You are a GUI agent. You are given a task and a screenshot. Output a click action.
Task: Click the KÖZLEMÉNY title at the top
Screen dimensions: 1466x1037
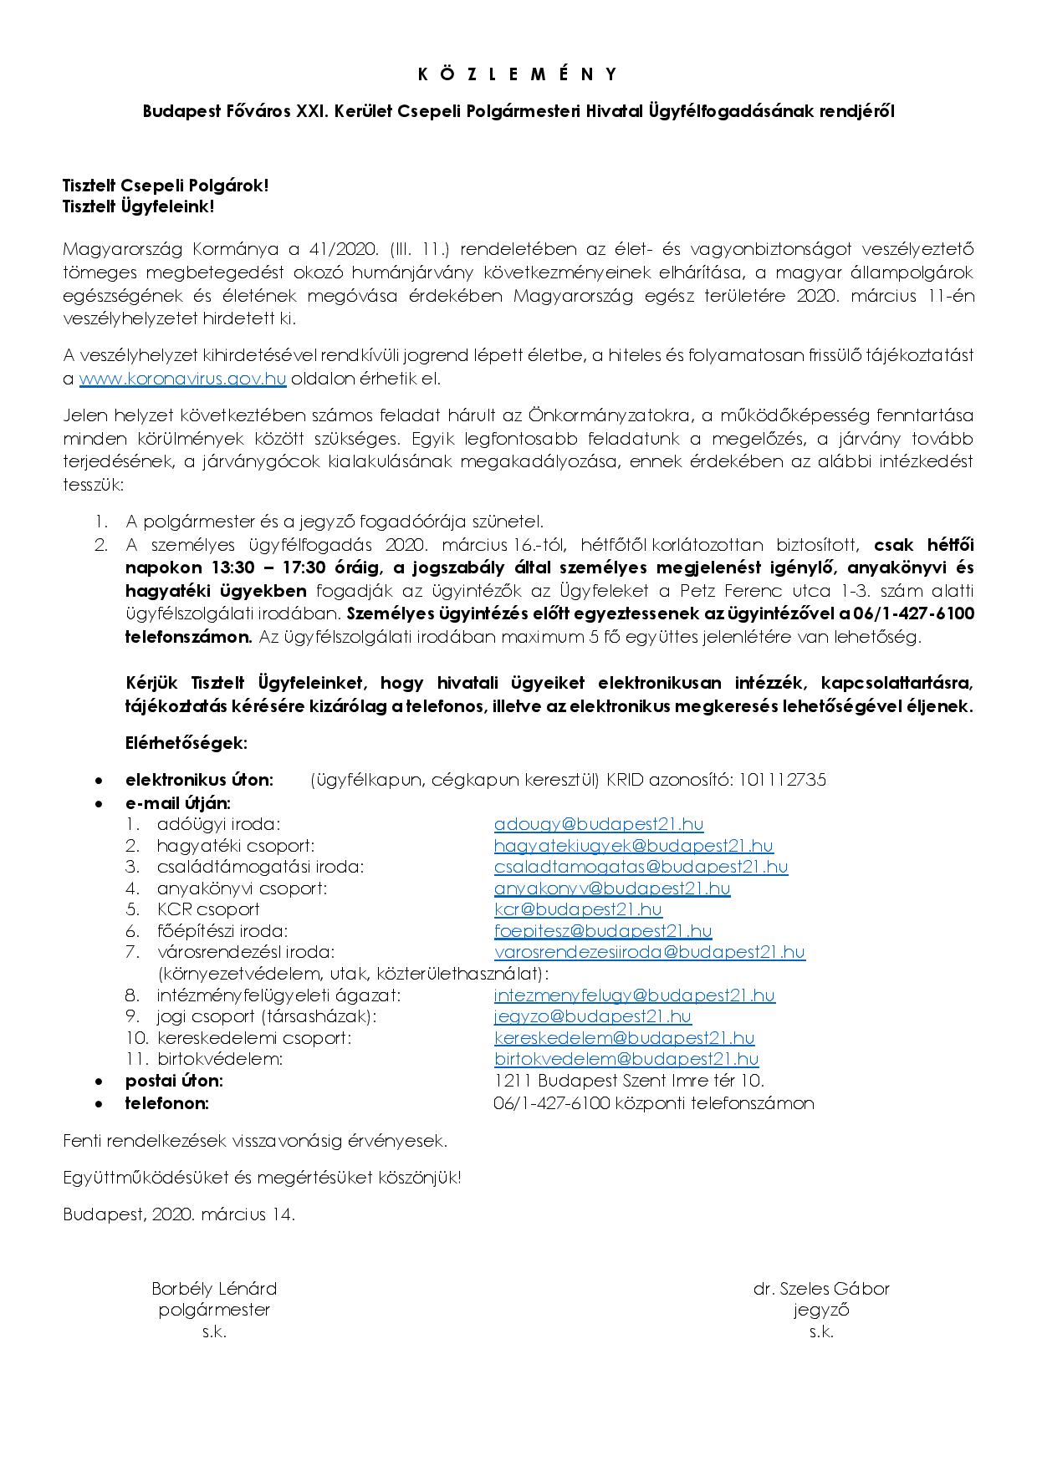click(x=518, y=74)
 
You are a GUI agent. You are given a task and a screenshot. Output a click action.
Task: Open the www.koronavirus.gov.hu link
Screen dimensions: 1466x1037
click(x=182, y=379)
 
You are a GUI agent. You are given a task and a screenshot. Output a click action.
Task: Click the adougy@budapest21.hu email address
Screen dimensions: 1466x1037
click(x=598, y=824)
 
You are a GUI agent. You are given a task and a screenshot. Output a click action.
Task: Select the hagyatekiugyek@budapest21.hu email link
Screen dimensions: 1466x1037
click(x=633, y=846)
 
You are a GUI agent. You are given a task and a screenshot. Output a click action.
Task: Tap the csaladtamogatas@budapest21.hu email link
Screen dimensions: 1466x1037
click(x=641, y=867)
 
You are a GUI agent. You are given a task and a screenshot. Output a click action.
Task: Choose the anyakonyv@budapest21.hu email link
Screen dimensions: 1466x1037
click(x=611, y=888)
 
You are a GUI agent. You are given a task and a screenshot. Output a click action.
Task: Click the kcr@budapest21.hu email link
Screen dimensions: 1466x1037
click(x=577, y=909)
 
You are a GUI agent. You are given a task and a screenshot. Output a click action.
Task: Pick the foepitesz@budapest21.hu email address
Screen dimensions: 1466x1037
click(x=602, y=931)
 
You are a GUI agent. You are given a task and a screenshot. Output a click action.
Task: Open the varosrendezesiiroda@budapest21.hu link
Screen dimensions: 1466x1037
click(x=649, y=952)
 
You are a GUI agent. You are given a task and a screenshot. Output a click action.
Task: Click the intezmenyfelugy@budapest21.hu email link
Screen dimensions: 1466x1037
click(x=634, y=995)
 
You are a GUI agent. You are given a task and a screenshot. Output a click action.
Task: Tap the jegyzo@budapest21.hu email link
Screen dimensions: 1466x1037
click(x=592, y=1016)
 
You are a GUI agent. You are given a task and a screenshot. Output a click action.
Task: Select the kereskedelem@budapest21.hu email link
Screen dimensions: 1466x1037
click(x=624, y=1038)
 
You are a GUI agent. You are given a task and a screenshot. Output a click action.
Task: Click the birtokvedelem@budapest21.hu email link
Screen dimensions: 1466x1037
click(x=626, y=1059)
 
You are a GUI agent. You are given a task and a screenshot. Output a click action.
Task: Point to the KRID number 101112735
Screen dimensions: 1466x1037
click(x=780, y=780)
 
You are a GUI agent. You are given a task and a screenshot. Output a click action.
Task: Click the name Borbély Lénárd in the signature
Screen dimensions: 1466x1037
click(x=214, y=1289)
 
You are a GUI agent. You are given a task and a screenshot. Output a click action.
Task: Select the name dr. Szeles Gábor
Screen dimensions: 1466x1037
click(x=820, y=1289)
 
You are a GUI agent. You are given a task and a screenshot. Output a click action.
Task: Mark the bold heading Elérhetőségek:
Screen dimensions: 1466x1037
click(x=186, y=742)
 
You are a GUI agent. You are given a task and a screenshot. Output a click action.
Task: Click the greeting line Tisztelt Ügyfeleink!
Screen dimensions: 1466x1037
click(x=139, y=206)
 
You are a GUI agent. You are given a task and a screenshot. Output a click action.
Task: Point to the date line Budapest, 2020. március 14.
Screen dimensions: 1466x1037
click(x=179, y=1214)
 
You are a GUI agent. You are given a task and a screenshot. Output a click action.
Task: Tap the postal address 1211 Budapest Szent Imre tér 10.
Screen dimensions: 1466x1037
click(x=629, y=1081)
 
